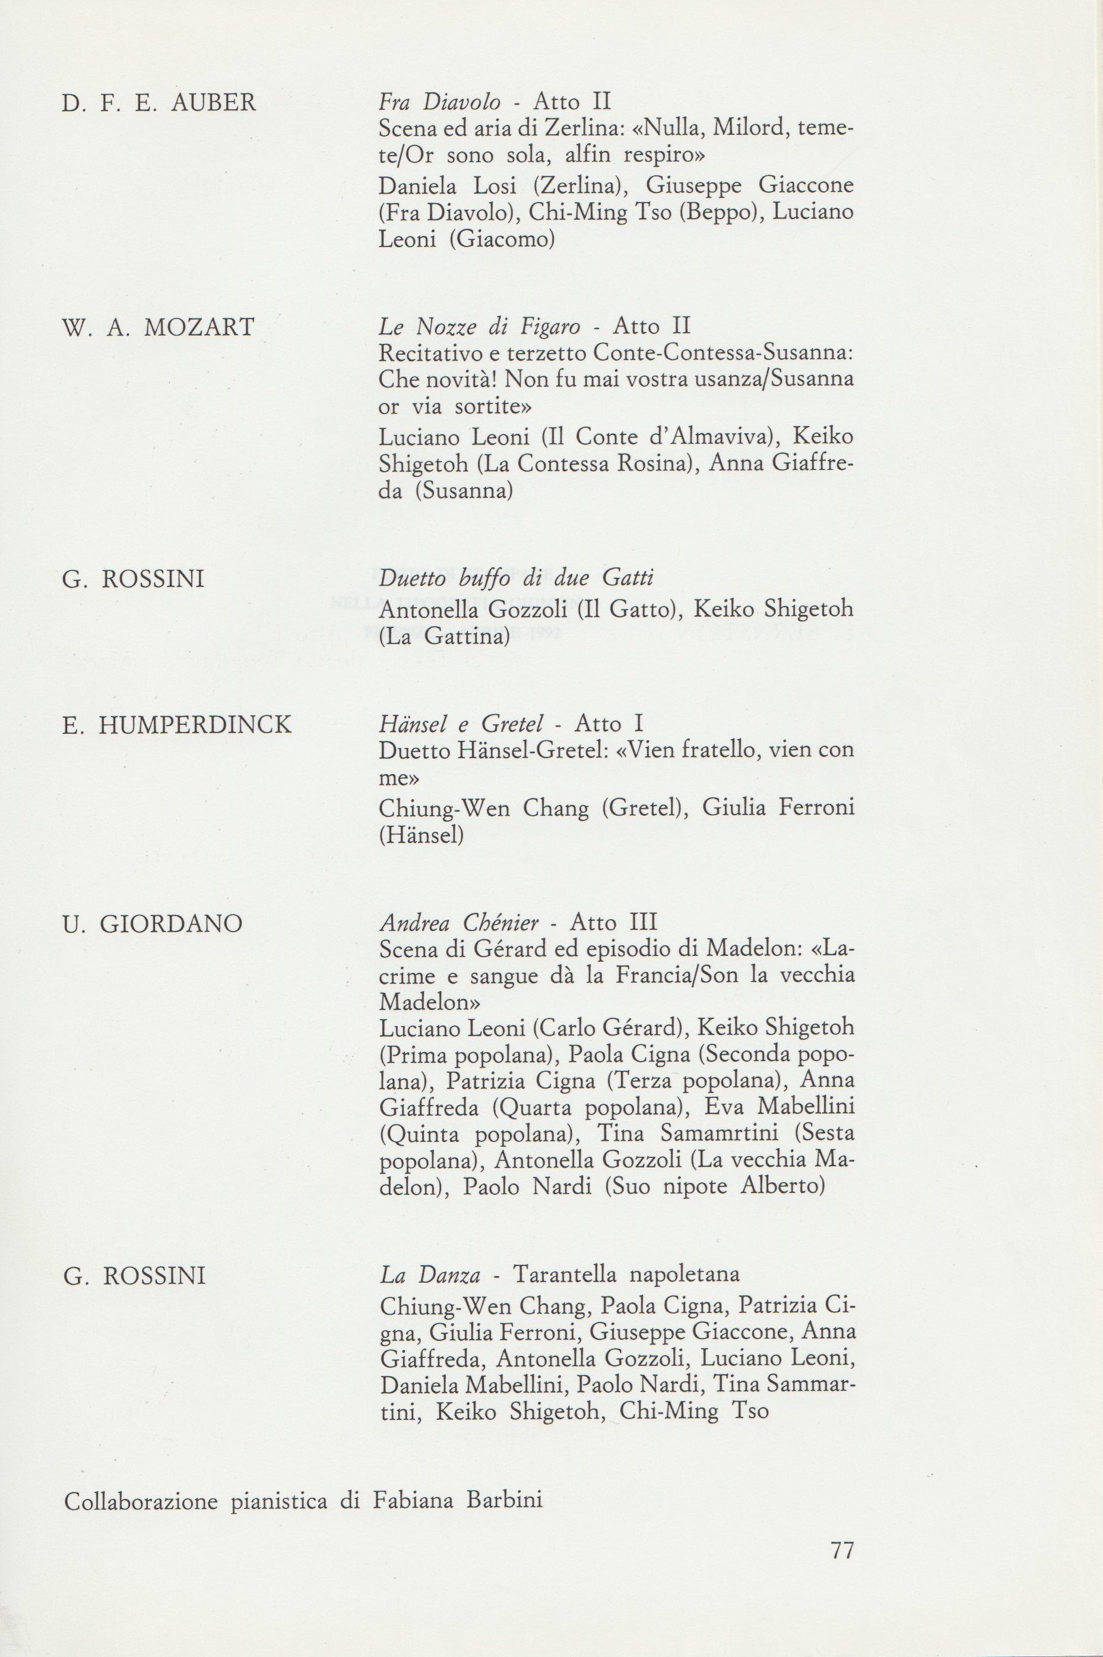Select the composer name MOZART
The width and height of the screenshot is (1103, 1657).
point(199,327)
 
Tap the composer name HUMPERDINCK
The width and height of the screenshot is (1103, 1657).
point(194,725)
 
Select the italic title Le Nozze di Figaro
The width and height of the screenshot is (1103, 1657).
point(480,327)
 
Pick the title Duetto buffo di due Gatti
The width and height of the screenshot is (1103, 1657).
point(516,578)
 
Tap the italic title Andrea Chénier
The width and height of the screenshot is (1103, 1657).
point(459,923)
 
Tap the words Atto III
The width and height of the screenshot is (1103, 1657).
point(613,923)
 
